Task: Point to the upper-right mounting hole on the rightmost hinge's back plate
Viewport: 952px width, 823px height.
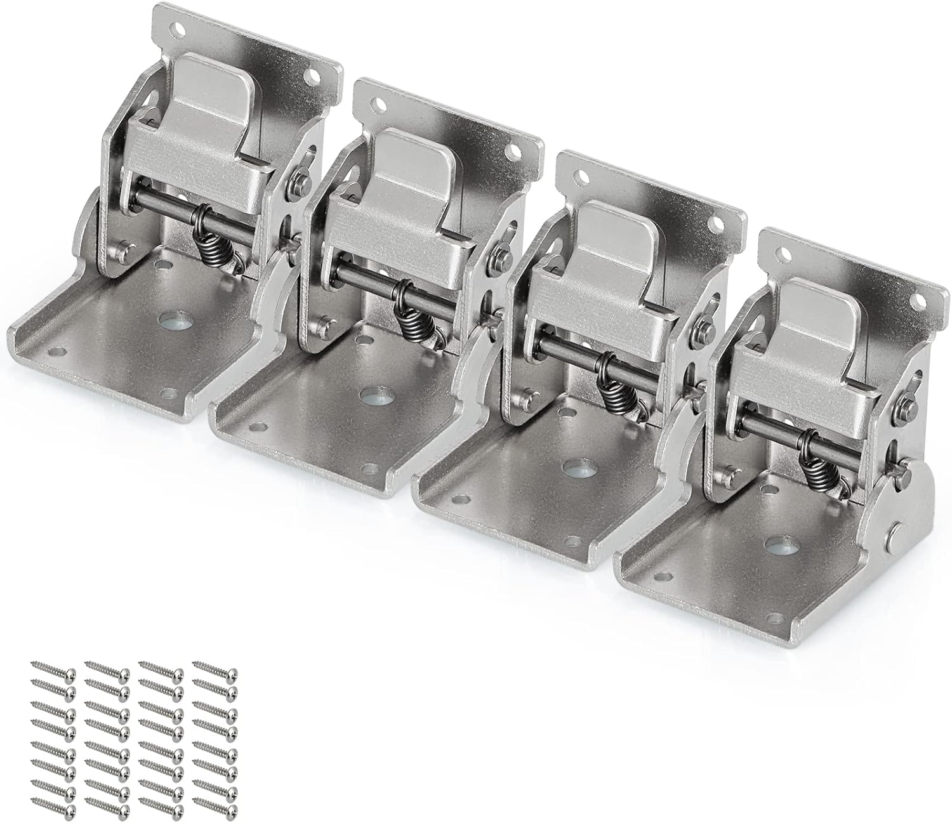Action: (918, 298)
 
